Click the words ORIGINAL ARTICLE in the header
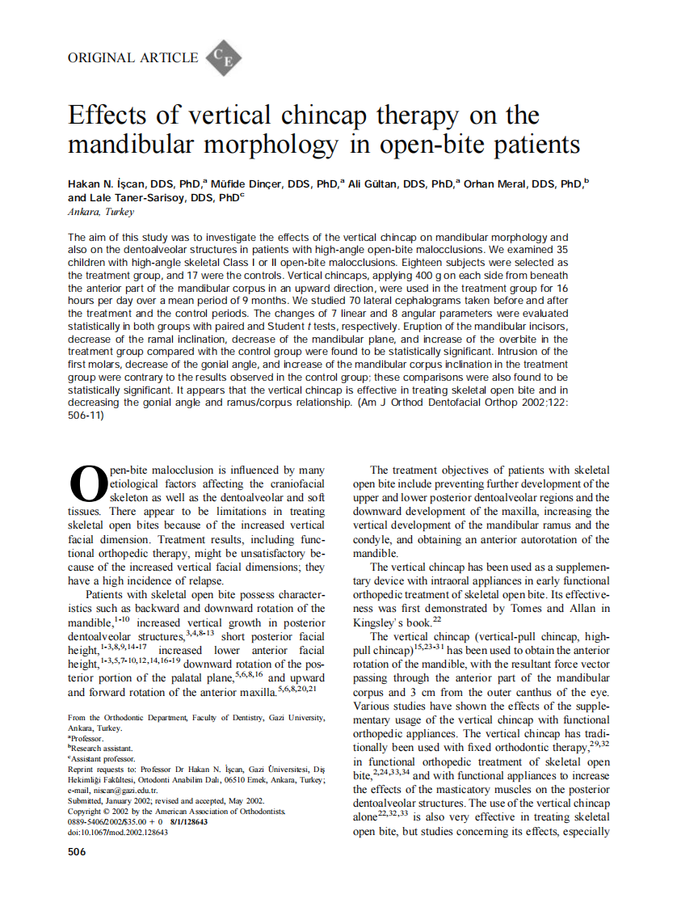point(133,58)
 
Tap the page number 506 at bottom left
point(78,852)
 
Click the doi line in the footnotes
point(118,831)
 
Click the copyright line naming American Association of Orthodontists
point(187,811)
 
